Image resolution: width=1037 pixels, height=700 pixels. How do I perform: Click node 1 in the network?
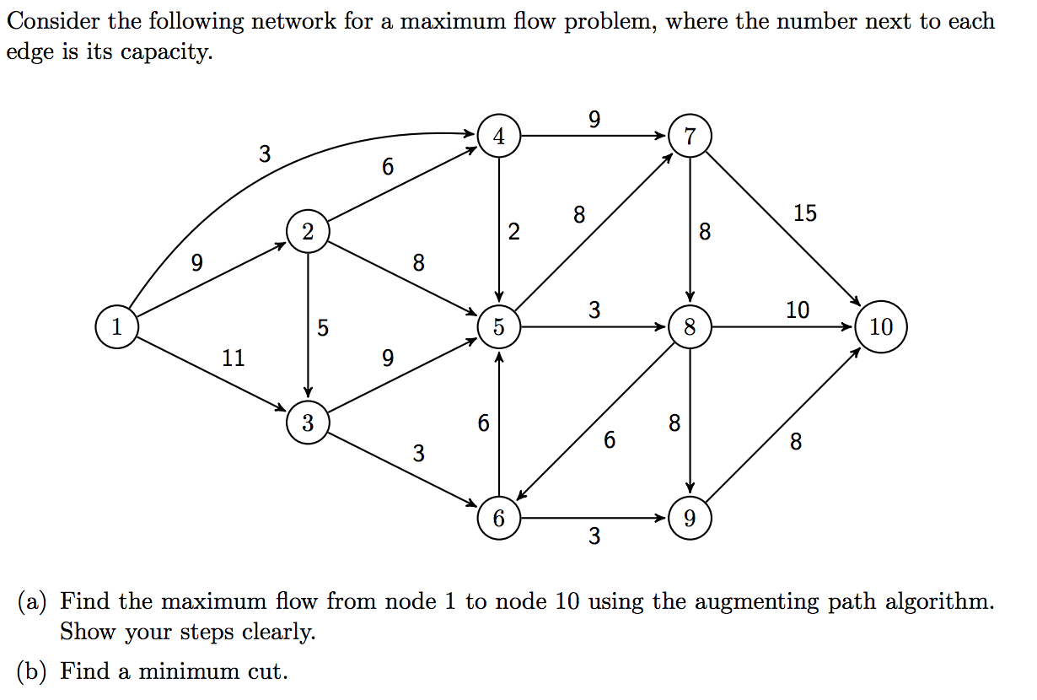pos(116,326)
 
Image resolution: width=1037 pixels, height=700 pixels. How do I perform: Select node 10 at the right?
pos(880,327)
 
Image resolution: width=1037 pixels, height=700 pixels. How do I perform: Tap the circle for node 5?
pos(499,327)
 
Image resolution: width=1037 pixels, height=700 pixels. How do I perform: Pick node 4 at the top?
pos(499,136)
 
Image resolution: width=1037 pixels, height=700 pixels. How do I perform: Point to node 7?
pos(690,136)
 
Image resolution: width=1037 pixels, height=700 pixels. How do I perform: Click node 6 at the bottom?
pos(499,518)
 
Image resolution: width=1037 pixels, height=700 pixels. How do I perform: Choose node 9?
pos(690,518)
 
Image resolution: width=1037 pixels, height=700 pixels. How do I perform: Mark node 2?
pos(308,231)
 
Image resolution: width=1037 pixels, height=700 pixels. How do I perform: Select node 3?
pos(308,423)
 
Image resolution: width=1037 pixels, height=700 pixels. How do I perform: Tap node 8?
pos(690,327)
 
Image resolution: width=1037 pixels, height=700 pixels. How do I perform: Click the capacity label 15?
pos(804,213)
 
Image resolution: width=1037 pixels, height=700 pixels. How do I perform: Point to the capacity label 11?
pos(234,358)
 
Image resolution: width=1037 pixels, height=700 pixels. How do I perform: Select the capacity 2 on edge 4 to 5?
pos(514,232)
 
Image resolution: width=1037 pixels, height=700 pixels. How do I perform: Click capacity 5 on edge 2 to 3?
pos(323,327)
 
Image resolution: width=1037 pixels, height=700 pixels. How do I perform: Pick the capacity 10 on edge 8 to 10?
pos(797,310)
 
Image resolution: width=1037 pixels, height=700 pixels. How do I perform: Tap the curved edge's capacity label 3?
pos(265,154)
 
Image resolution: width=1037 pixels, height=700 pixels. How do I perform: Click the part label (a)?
pos(33,602)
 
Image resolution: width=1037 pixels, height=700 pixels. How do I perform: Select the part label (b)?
pos(33,671)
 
